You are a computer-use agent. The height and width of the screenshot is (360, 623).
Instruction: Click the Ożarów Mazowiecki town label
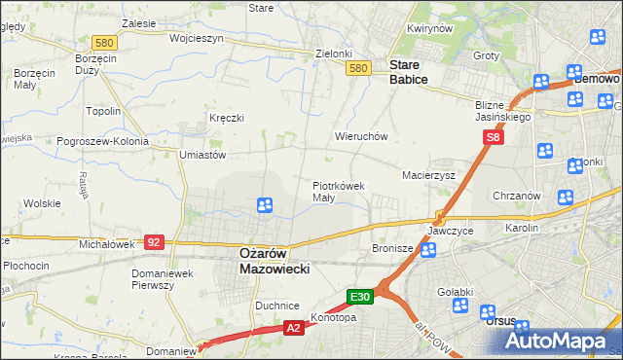pos(274,260)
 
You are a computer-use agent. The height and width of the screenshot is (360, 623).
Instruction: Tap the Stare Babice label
pos(408,72)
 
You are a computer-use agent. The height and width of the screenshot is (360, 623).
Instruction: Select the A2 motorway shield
pos(293,330)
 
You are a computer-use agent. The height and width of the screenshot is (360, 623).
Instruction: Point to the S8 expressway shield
pos(494,139)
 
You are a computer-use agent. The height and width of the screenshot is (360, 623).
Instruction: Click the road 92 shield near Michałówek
pos(154,240)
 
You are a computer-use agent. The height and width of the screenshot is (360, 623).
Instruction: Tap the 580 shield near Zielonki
pos(358,67)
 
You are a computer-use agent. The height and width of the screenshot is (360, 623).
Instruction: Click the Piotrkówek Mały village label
pos(338,191)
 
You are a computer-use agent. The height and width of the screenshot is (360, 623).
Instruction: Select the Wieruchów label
pos(361,137)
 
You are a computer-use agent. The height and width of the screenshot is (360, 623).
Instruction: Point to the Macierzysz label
pos(429,175)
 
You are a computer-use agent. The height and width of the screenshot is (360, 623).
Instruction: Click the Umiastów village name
pos(202,155)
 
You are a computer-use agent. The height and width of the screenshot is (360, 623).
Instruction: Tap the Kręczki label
pos(226,118)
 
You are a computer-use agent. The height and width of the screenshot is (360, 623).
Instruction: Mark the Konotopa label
pos(333,317)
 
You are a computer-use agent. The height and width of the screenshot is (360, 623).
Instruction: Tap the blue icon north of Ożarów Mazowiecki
pos(264,205)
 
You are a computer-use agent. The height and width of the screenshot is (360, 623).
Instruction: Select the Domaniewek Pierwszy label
pos(166,279)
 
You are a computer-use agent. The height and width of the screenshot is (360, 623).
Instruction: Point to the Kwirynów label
pos(431,29)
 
